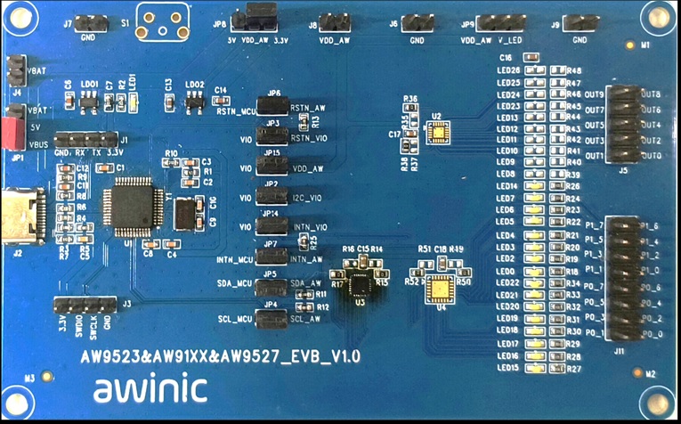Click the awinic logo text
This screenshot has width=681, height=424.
coord(150,388)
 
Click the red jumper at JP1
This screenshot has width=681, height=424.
coord(14,133)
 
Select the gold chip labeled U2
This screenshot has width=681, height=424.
coord(437,134)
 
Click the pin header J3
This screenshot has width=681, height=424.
coord(85,306)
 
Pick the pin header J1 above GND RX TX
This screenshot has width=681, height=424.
coord(86,140)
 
